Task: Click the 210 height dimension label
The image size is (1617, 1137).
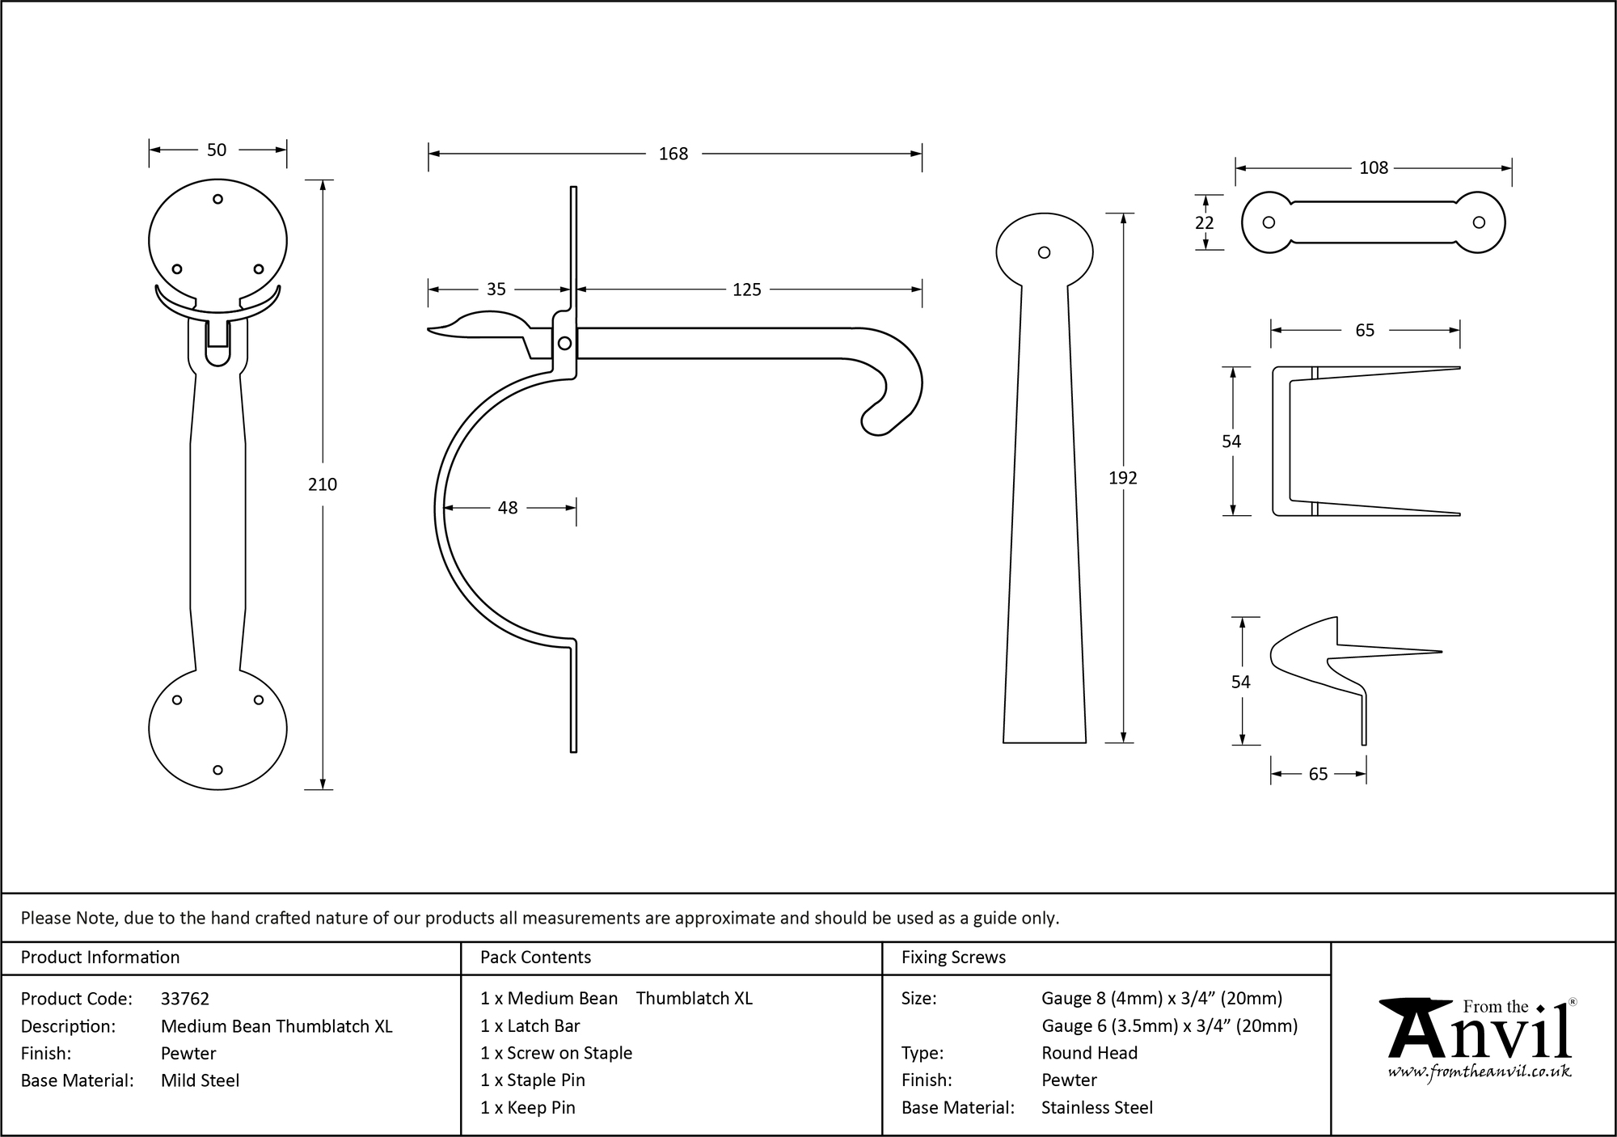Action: [323, 484]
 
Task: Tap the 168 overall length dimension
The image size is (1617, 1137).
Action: [673, 154]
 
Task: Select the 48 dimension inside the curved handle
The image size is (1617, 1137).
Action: [508, 508]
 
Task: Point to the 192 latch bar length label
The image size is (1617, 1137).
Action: [1122, 478]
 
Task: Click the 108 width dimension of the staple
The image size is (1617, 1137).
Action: [1373, 167]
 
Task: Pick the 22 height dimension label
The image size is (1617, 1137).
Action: [1204, 222]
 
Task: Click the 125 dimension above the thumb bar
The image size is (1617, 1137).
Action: [746, 290]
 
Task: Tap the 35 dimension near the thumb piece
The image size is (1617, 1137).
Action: [496, 290]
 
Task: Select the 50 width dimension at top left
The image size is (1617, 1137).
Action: [217, 150]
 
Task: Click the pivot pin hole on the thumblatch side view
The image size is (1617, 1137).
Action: [565, 344]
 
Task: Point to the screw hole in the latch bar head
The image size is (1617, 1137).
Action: [1044, 252]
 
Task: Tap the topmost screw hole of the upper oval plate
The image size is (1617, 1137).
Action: [217, 199]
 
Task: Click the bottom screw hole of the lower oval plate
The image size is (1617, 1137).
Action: [217, 770]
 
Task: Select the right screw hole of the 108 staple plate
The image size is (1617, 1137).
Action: [1479, 222]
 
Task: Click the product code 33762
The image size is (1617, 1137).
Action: [185, 999]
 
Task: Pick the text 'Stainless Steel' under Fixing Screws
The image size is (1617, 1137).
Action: [1096, 1108]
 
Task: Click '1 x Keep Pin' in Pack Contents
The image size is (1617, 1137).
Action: [527, 1108]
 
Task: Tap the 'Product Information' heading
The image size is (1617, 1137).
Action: [100, 957]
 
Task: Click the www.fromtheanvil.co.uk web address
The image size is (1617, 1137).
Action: [1480, 1072]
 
